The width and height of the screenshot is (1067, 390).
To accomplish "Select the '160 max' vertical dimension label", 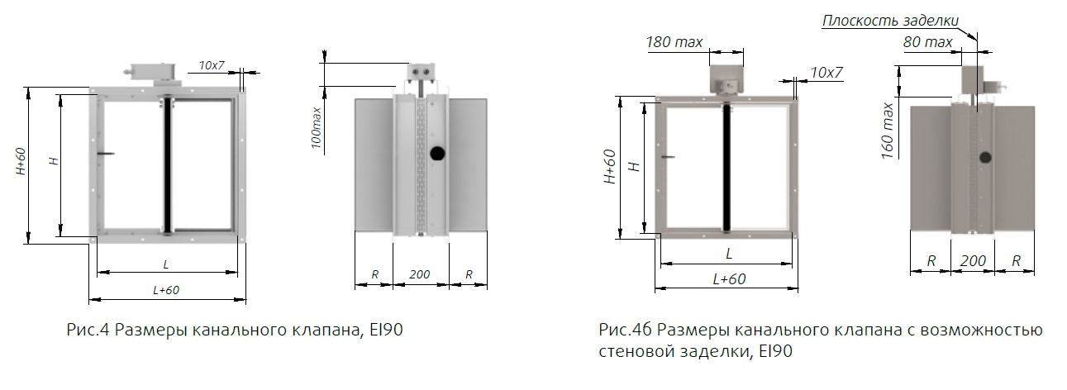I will tap(888, 130).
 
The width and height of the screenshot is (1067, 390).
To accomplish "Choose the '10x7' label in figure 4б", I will tap(826, 73).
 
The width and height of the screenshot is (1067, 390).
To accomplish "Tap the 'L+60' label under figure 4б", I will tap(728, 278).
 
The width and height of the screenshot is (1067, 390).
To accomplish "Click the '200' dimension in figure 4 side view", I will tap(420, 274).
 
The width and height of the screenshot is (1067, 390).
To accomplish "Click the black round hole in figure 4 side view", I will tap(436, 153).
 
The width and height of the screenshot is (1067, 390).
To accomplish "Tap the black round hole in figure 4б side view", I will tap(985, 158).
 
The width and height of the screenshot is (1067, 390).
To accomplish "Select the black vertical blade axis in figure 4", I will tap(168, 164).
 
